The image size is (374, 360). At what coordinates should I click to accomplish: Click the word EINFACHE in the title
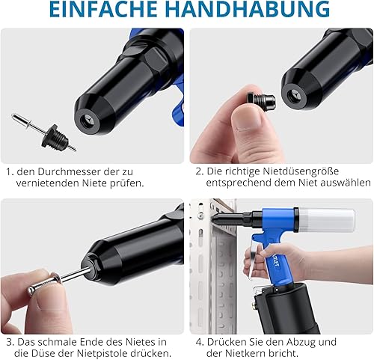103,10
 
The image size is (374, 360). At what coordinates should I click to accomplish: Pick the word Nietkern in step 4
245,353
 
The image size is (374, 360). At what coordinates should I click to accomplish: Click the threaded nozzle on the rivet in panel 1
55,137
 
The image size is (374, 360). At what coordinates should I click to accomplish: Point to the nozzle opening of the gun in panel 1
88,123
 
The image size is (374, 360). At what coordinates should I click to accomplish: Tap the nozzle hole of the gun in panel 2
291,96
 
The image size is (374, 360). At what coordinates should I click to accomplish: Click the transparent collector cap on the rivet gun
327,219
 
